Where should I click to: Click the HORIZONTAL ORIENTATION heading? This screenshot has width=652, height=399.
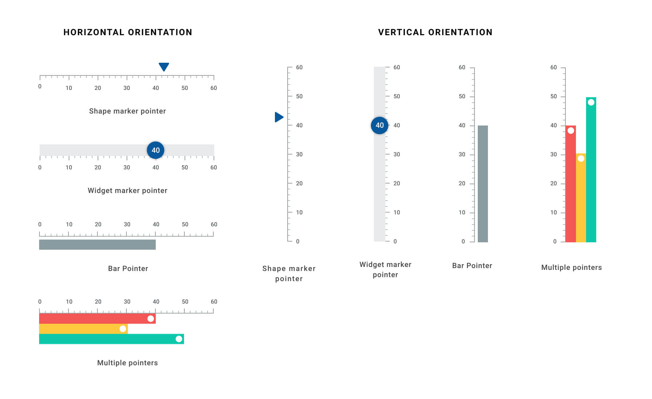128,32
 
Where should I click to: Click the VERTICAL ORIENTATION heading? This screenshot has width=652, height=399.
435,32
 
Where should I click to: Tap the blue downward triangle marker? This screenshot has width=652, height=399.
164,66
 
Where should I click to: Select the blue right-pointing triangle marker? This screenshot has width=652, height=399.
279,117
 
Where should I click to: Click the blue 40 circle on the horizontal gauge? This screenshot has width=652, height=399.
155,150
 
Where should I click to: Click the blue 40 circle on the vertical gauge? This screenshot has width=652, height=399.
379,126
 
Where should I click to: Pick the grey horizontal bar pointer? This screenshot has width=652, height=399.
97,244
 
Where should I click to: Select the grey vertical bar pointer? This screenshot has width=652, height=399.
482,184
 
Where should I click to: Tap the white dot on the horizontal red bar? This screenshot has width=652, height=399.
151,319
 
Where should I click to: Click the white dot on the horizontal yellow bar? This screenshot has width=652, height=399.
123,329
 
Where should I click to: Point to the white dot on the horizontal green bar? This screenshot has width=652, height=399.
179,339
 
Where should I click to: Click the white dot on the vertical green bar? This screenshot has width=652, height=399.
591,102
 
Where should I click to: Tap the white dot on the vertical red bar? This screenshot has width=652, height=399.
570,131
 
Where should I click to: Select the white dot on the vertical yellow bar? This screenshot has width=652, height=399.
581,159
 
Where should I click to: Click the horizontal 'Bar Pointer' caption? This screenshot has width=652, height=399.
128,268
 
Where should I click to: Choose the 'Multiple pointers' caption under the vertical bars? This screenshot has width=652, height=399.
571,267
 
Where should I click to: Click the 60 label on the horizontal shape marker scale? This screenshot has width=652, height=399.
214,88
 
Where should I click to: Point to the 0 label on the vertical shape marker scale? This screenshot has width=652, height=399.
298,242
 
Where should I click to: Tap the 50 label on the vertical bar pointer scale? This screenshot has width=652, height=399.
462,96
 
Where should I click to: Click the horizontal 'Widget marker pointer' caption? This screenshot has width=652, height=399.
128,190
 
